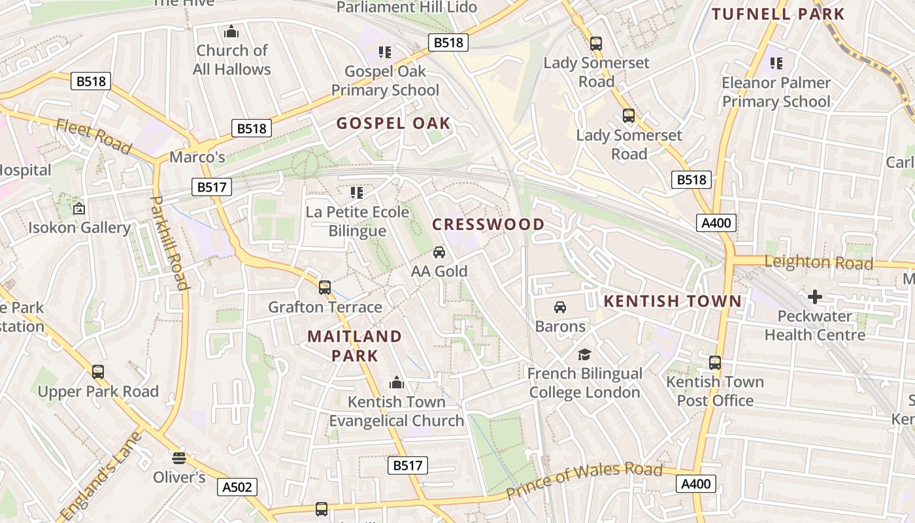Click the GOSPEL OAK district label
pos(393,123)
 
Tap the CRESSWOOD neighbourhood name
pos(488,224)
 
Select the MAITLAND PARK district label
pos(355,346)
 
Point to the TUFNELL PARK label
pos(778,14)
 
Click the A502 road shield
pos(237,487)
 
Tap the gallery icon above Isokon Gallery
pos(79,209)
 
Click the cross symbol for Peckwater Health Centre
pos(815,297)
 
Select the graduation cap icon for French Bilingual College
pos(584,354)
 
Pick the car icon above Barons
pos(560,307)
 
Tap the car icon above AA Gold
pos(439,252)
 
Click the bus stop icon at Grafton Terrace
pos(325,287)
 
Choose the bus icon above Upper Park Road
pos(98,372)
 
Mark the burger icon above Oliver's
pos(179,457)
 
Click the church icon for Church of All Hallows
pos(231,31)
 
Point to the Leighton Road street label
pos(818,263)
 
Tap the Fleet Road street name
pos(93,135)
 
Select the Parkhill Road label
pos(170,243)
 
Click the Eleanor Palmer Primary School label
pos(776,92)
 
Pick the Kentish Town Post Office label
pos(715,391)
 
